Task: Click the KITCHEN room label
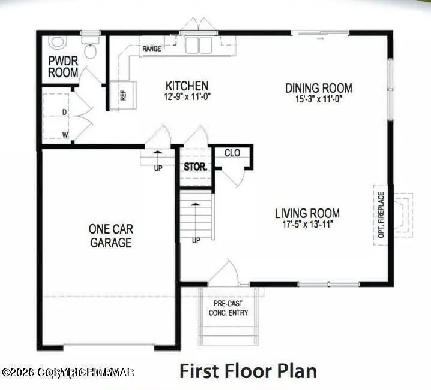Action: [187, 86]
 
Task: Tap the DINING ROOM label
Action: [318, 89]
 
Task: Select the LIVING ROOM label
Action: [307, 213]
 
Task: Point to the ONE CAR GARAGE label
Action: [111, 235]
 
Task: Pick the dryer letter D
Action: [64, 112]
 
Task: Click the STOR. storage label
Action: [195, 167]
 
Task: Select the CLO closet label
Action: [232, 153]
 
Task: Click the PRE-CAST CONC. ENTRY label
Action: [228, 308]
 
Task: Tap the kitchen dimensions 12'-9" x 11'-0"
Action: [187, 96]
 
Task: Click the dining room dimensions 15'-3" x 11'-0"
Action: [318, 98]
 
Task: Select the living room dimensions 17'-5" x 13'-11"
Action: [307, 223]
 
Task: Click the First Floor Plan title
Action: [248, 371]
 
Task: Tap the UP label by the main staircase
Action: [196, 240]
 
